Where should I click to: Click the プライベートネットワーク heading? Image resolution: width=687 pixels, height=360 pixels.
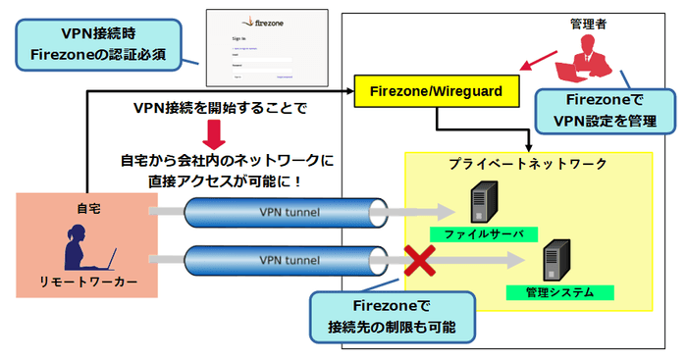[528, 164]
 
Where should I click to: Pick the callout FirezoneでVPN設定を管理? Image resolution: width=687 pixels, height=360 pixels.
[605, 110]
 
